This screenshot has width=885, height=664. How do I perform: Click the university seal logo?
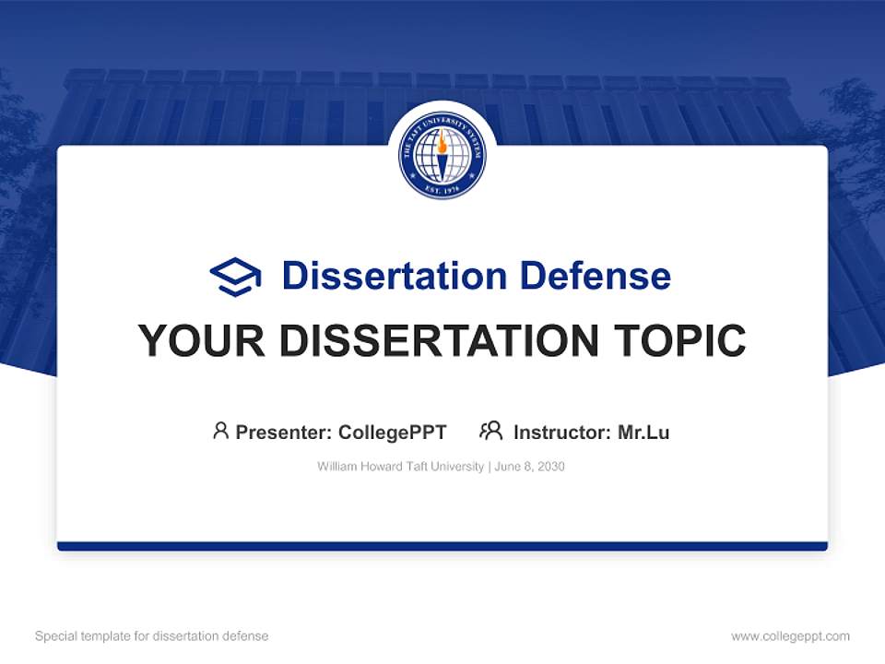(x=442, y=155)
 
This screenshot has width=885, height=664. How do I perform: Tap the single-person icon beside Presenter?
(x=220, y=431)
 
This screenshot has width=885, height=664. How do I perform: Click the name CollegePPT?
(x=393, y=432)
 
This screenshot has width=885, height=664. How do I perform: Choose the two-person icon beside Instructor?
(x=491, y=431)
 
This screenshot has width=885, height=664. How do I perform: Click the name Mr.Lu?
(x=643, y=432)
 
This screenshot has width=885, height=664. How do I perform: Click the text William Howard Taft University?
(x=400, y=467)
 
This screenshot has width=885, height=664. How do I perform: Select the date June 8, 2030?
(x=529, y=467)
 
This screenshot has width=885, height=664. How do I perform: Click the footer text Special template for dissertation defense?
(x=152, y=636)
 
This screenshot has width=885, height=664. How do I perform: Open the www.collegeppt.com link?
(x=790, y=636)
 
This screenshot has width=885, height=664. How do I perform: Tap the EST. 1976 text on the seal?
(x=442, y=190)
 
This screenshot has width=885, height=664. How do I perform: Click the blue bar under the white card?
(x=442, y=546)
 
